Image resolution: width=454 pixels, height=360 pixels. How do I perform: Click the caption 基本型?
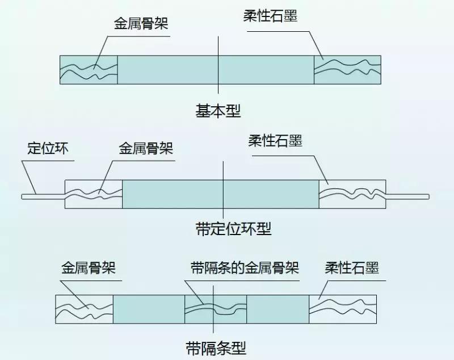click(218, 111)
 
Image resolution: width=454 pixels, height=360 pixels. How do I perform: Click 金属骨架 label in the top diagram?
click(141, 24)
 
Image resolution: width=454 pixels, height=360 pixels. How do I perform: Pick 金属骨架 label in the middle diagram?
click(145, 148)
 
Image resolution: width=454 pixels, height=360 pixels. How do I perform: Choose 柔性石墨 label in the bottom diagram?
click(352, 267)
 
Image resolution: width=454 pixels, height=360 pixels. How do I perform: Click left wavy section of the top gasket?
click(89, 70)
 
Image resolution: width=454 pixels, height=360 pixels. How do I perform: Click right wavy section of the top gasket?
click(348, 70)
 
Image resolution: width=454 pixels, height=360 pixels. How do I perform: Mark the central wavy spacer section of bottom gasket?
click(216, 310)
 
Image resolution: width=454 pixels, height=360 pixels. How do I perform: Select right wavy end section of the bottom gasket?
click(343, 310)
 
